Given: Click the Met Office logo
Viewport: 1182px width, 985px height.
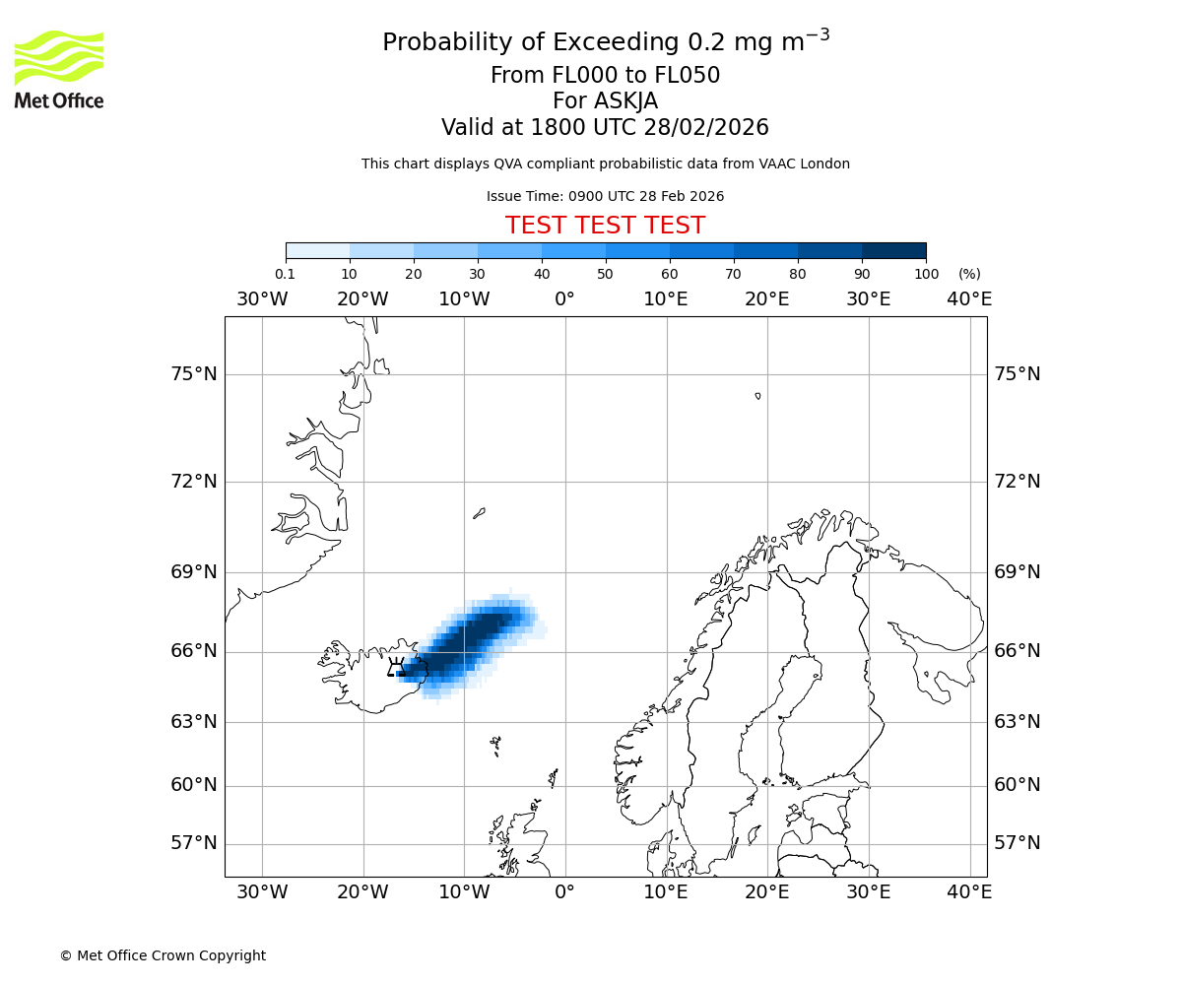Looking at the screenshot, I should click(x=59, y=69).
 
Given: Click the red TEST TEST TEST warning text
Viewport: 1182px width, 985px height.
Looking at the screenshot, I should click(x=605, y=227).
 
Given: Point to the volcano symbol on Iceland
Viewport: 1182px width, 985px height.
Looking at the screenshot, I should click(x=397, y=668).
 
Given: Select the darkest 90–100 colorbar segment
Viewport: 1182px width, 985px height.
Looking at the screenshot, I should click(x=893, y=251).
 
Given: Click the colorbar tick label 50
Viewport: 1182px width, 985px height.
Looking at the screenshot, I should click(x=605, y=275).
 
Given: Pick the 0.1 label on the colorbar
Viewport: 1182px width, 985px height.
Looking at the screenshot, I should click(x=285, y=275).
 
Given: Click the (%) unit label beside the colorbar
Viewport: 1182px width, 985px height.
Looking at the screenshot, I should click(x=969, y=275).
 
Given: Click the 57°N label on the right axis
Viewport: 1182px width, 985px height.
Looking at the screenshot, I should click(x=1017, y=843).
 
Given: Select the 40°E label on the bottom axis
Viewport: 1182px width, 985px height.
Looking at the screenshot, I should click(x=969, y=892).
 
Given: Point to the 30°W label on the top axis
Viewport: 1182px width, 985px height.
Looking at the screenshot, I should click(x=262, y=299).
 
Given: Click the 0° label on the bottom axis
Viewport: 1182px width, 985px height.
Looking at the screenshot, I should click(x=564, y=892).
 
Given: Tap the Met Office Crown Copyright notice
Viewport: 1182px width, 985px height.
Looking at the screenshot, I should click(x=163, y=955).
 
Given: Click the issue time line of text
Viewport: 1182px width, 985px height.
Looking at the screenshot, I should click(x=605, y=197).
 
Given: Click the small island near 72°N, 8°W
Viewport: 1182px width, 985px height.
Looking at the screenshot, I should click(x=479, y=513).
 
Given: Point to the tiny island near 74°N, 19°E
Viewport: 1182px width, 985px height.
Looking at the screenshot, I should click(x=757, y=396).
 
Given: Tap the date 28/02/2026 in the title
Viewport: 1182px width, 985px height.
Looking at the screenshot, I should click(x=706, y=128).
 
